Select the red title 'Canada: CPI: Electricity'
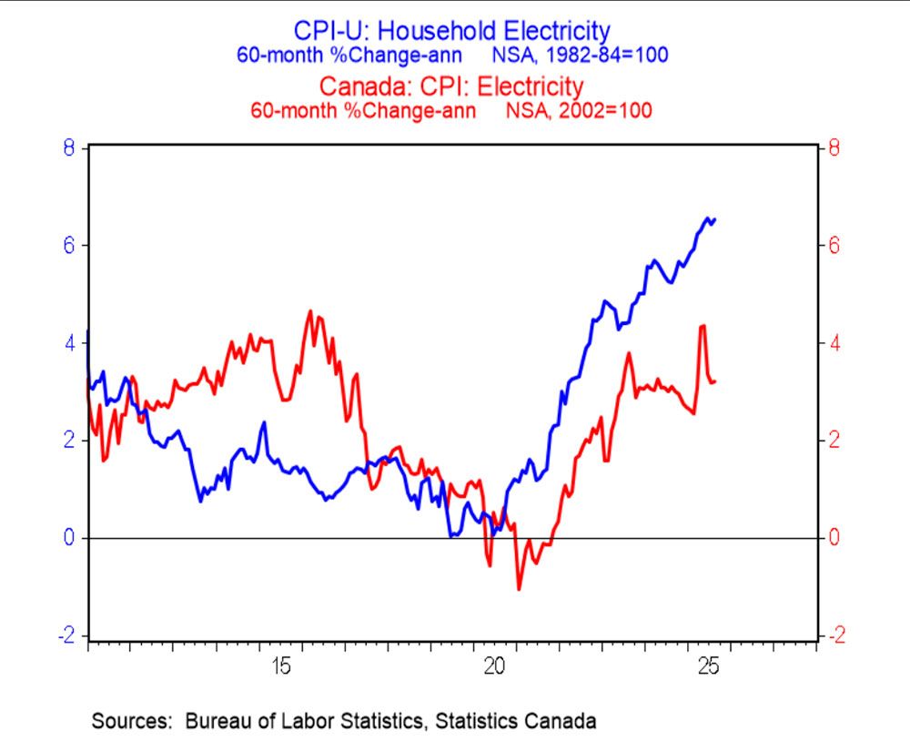(450, 86)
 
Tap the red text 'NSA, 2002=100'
(573, 110)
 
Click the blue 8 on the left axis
(68, 147)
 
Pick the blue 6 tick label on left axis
(68, 245)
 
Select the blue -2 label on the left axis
(65, 635)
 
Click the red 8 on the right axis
(829, 147)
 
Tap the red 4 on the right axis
(829, 343)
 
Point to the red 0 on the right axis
(829, 538)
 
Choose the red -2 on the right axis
(832, 635)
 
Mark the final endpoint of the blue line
(715, 219)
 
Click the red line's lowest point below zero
(519, 589)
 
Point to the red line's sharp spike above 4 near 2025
(703, 326)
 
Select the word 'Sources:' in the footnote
(132, 722)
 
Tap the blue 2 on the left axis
(68, 441)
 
